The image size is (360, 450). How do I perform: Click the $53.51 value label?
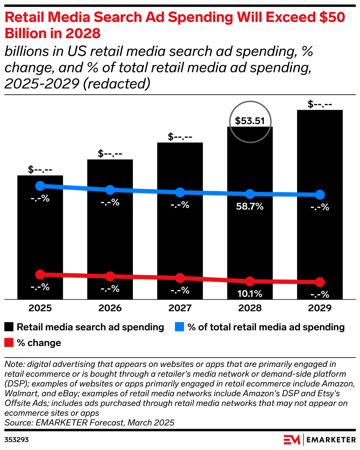(250, 121)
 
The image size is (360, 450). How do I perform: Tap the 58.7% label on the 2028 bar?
(250, 207)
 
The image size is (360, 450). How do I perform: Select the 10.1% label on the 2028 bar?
(250, 294)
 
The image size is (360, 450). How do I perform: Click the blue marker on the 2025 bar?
(40, 186)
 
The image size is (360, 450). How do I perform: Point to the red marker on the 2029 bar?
(320, 282)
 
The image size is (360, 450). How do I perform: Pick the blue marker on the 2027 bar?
(180, 192)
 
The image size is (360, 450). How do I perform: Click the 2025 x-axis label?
(40, 308)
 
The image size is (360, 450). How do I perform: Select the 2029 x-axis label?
(320, 308)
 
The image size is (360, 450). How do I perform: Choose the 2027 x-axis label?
(180, 308)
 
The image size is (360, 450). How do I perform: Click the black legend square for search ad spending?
(9, 327)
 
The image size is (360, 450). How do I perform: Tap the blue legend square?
(179, 327)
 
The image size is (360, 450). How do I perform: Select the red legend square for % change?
(9, 343)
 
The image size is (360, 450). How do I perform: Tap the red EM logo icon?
(292, 439)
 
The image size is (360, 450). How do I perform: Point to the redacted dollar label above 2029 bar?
(320, 104)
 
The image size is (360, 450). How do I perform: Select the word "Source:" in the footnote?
(19, 423)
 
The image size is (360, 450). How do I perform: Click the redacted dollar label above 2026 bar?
(110, 154)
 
